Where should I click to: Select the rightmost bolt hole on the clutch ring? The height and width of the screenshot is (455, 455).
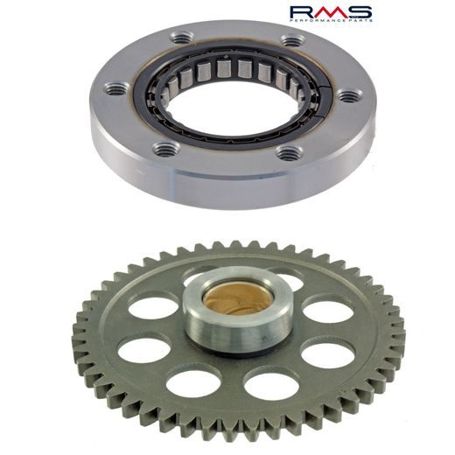tap(348, 95)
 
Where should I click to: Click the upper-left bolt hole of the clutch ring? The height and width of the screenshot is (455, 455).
tap(182, 38)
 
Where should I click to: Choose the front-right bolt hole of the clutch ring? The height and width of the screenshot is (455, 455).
tap(288, 152)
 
